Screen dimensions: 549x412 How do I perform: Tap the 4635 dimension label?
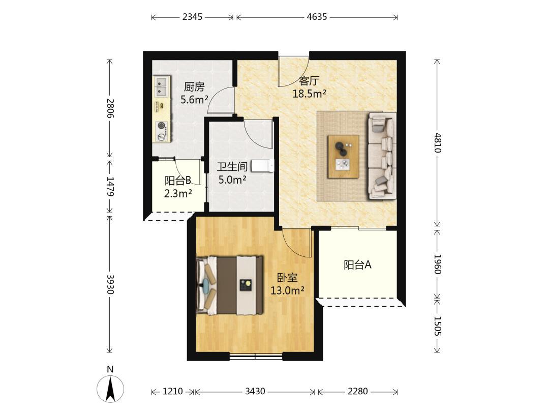coord(317,17)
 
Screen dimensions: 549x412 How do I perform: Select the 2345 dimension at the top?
coord(192,17)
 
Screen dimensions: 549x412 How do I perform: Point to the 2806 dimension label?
coord(110,108)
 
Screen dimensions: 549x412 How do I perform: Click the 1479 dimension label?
coord(110,186)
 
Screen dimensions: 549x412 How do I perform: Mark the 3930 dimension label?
coord(110,284)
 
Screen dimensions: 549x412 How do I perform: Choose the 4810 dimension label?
coord(437,142)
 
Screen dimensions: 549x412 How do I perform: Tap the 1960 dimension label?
coord(437,264)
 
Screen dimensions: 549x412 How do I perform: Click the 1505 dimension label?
coord(437,326)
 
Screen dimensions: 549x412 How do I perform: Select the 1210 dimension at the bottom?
coord(173,391)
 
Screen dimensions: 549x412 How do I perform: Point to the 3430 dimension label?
coord(255,391)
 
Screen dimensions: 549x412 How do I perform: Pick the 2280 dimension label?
coord(357,391)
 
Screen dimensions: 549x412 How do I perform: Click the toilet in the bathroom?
coord(263,166)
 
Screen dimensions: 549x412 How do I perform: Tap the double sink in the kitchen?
coord(162,86)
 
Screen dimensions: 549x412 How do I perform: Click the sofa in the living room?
coord(382,156)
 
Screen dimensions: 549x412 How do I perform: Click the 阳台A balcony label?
coord(357,265)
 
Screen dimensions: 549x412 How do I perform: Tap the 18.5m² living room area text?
coord(310,94)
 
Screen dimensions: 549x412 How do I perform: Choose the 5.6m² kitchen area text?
coord(194,100)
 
